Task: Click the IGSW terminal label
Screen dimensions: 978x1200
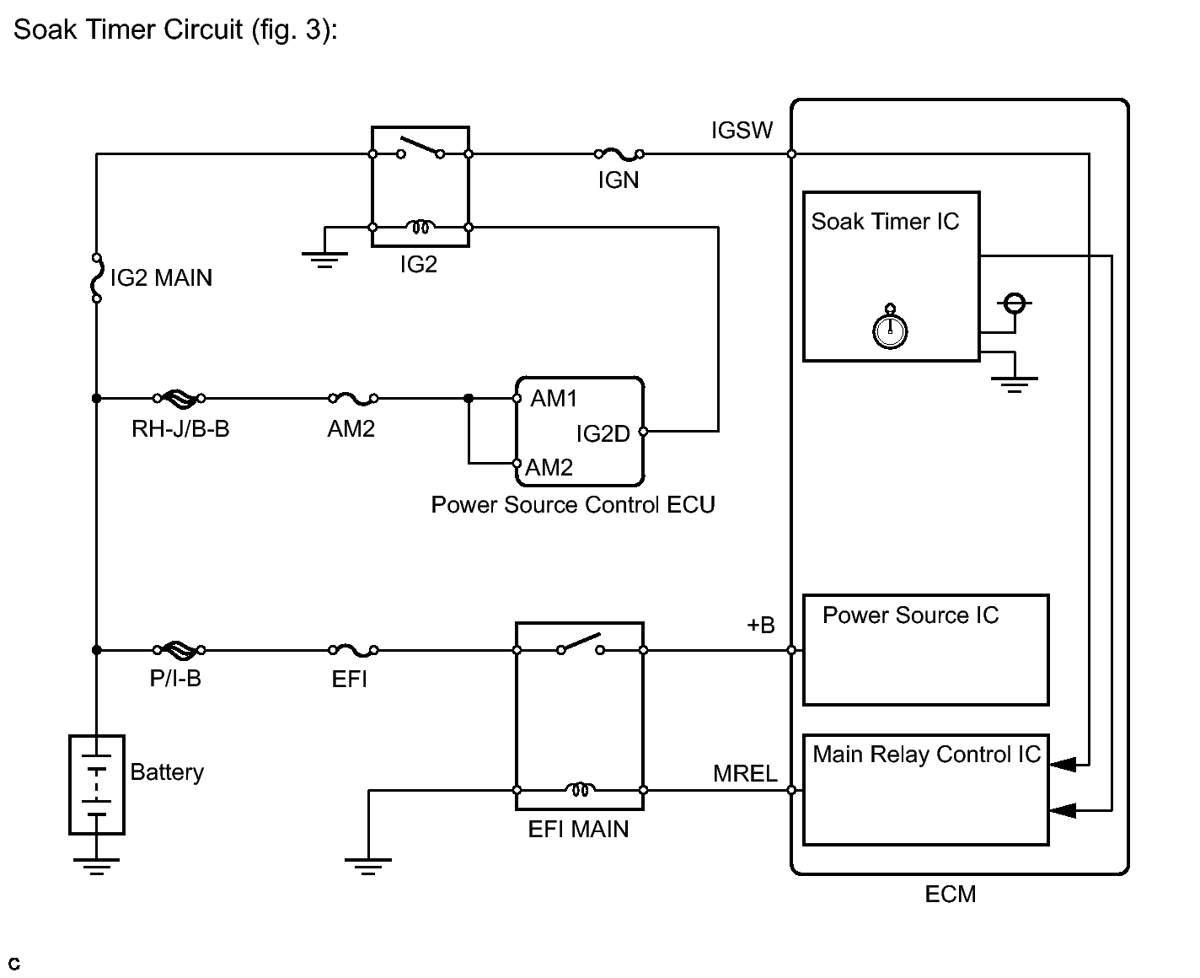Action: tap(742, 131)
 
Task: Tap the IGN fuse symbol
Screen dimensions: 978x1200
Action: tap(619, 153)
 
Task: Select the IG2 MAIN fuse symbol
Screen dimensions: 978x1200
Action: tap(96, 277)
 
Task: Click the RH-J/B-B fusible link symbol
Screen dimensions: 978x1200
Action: tap(178, 397)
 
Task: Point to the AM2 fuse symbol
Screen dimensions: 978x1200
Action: tap(352, 397)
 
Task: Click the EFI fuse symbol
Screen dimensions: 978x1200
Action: tap(352, 650)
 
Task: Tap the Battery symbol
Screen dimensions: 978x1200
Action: tap(97, 785)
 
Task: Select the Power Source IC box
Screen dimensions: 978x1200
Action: tap(925, 650)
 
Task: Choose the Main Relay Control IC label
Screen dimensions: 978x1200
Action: tap(926, 755)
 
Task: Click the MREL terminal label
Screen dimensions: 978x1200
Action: tap(745, 774)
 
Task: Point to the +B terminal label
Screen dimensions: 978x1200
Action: tap(760, 626)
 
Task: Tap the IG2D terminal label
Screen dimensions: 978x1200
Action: tap(603, 434)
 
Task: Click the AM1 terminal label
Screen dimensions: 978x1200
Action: tap(554, 399)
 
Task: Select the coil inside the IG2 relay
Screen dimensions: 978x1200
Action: tap(420, 227)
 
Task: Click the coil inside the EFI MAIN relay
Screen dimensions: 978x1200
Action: tap(580, 790)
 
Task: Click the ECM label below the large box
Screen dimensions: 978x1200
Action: tap(950, 895)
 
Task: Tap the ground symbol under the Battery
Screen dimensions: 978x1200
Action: tap(96, 865)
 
